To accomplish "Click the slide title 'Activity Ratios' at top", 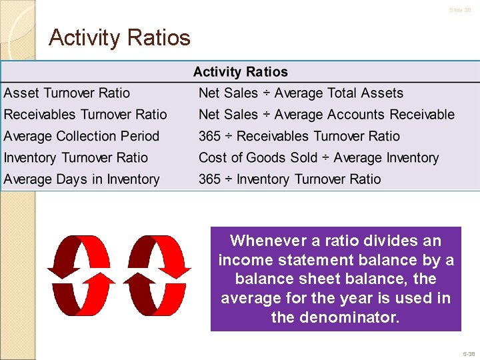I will pyautogui.click(x=120, y=37).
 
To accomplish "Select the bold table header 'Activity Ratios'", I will pyautogui.click(x=240, y=72).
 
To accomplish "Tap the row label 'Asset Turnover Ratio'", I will pyautogui.click(x=67, y=93).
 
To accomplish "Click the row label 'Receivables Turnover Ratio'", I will pyautogui.click(x=85, y=115).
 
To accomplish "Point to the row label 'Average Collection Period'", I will pyautogui.click(x=81, y=136).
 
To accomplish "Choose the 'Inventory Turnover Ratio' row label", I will pyautogui.click(x=76, y=158).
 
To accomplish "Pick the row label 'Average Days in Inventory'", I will pyautogui.click(x=81, y=179).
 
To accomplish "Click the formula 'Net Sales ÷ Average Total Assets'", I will pyautogui.click(x=301, y=93).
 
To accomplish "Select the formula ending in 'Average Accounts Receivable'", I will pyautogui.click(x=326, y=115).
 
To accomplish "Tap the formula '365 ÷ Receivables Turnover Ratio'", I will pyautogui.click(x=299, y=136).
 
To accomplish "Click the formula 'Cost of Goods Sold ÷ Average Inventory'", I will pyautogui.click(x=318, y=158).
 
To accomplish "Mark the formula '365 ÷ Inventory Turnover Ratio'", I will pyautogui.click(x=289, y=179).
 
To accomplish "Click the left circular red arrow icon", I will pyautogui.click(x=81, y=275).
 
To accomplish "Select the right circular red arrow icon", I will pyautogui.click(x=159, y=275).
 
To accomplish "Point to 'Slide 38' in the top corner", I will pyautogui.click(x=460, y=10).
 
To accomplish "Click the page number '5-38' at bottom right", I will pyautogui.click(x=468, y=354).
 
